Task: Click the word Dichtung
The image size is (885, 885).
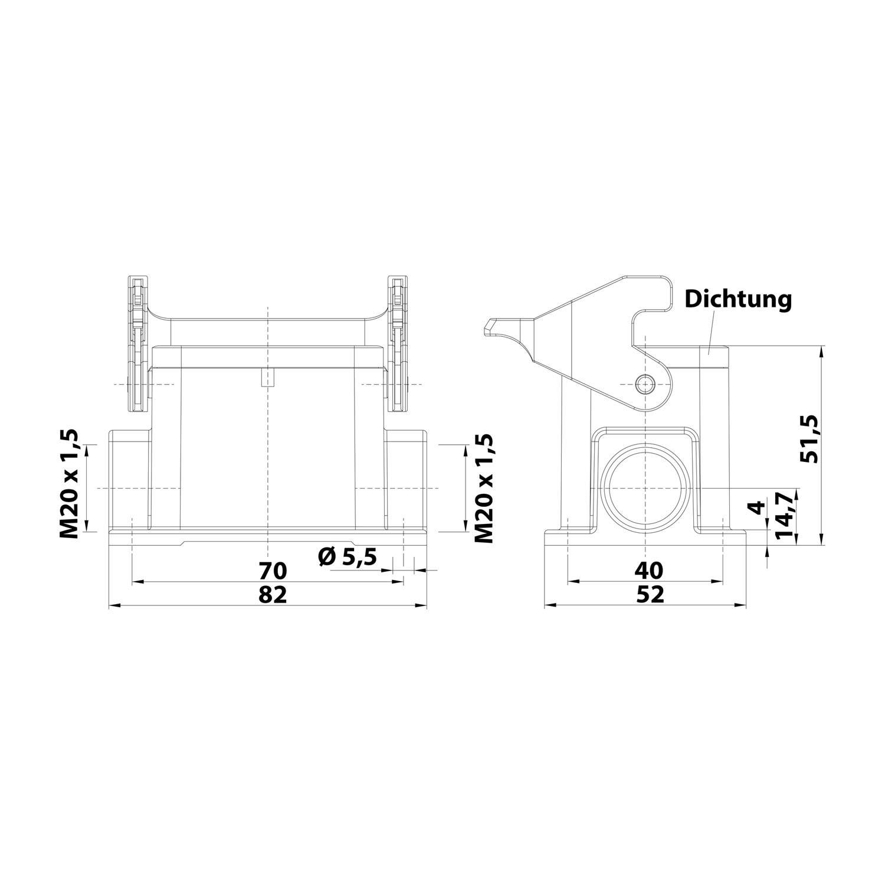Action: pos(737,299)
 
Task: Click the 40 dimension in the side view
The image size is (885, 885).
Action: pos(649,570)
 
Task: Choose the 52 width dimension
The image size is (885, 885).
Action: pos(650,595)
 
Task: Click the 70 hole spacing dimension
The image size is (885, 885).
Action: pos(273,571)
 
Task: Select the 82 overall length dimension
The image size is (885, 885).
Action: pos(273,595)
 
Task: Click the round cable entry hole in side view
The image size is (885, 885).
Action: pos(646,488)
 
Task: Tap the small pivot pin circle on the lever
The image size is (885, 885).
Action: pos(646,384)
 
